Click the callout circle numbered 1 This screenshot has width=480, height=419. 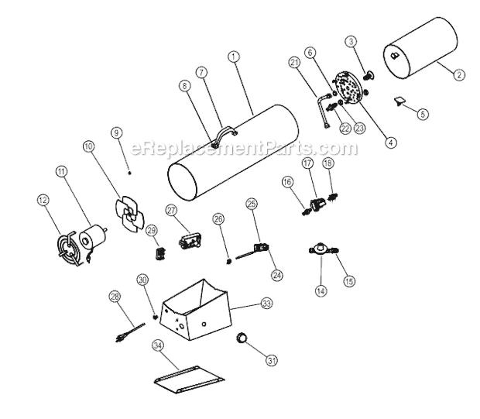233,56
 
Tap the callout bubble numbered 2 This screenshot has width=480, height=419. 459,75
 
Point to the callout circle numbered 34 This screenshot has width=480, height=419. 157,345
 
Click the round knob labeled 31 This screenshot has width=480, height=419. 242,338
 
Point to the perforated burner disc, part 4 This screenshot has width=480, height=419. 348,90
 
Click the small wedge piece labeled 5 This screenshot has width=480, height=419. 401,101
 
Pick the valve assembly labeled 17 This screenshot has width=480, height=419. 315,204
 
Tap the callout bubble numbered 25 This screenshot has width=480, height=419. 252,203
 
